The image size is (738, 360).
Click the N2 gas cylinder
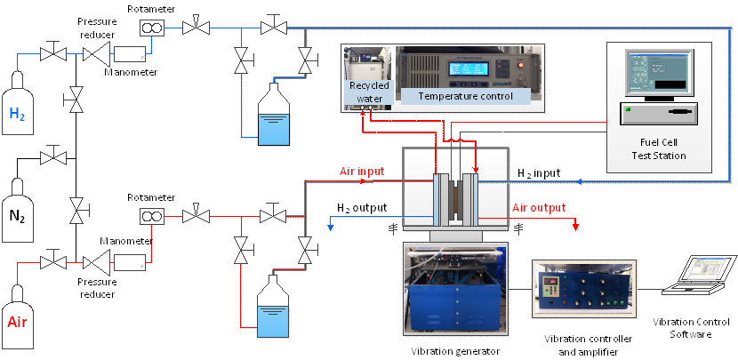click(17, 203)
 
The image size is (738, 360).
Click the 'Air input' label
click(361, 172)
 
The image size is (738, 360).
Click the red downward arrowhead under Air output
click(575, 226)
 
